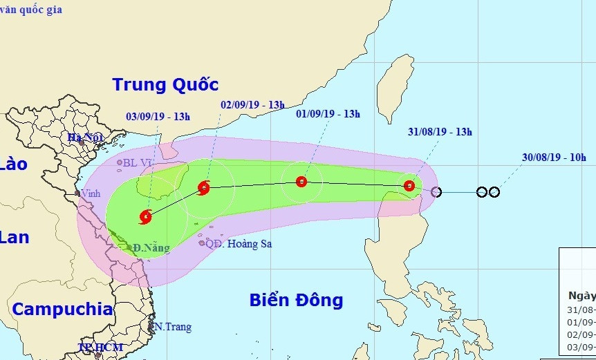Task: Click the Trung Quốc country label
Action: pos(165,85)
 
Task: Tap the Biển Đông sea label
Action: pos(296,301)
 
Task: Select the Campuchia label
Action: pos(62,309)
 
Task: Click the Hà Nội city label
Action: pos(85,138)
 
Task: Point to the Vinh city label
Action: pos(90,193)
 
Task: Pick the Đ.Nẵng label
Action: pos(151,247)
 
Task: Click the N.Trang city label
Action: pos(172,327)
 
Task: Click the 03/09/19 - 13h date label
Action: pos(158,116)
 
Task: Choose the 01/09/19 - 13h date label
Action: pos(327,114)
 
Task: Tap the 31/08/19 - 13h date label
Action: pos(440,131)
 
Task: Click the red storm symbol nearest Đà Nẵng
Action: pos(146,217)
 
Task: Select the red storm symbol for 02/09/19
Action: pos(204,187)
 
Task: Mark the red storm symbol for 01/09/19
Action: pos(301,182)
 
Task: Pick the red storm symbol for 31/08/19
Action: pos(409,185)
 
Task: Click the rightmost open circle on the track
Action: pos(494,191)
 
